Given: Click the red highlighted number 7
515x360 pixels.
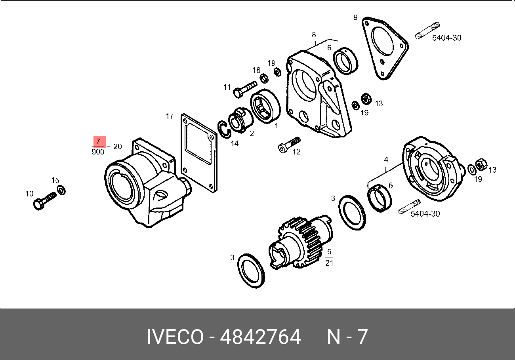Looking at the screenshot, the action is pyautogui.click(x=99, y=141).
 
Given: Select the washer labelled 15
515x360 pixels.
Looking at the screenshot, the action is pyautogui.click(x=62, y=190).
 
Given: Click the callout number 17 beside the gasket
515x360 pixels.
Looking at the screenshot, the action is pyautogui.click(x=170, y=116).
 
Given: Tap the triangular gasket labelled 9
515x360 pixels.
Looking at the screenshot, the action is pyautogui.click(x=384, y=48).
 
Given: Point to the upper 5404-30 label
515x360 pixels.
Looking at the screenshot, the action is pyautogui.click(x=446, y=38).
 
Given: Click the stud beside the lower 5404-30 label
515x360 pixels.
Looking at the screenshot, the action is pyautogui.click(x=409, y=207).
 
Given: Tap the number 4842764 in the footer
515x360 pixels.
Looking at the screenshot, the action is pyautogui.click(x=260, y=337).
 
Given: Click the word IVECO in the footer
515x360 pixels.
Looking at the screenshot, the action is pyautogui.click(x=175, y=337).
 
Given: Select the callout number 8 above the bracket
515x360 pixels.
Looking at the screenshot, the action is pyautogui.click(x=314, y=34).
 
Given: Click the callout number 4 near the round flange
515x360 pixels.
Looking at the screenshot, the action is pyautogui.click(x=385, y=160).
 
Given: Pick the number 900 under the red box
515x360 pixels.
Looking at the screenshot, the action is pyautogui.click(x=98, y=152).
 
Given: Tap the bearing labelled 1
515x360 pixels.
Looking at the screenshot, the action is pyautogui.click(x=265, y=106).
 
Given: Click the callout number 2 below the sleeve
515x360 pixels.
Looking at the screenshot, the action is pyautogui.click(x=252, y=133).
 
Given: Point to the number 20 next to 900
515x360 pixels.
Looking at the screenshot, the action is pyautogui.click(x=117, y=147).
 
